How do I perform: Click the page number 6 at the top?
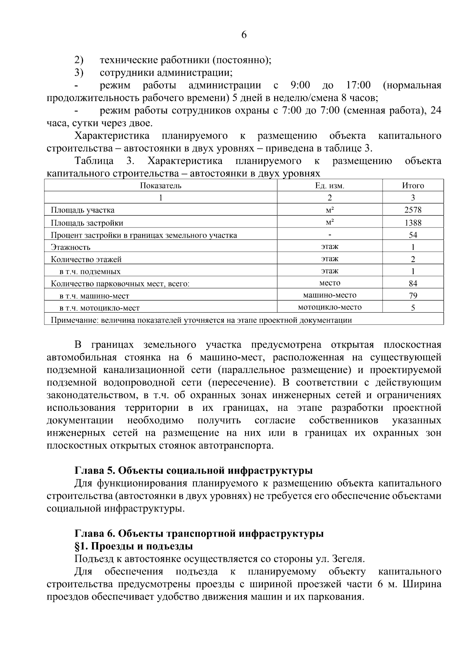(x=244, y=35)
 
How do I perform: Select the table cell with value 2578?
(x=413, y=210)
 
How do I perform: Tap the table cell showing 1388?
(x=413, y=223)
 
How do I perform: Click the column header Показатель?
(x=160, y=186)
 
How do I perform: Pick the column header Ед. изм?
(x=329, y=186)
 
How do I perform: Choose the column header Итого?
(x=413, y=186)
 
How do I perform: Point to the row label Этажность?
(x=71, y=247)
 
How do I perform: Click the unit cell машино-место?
(x=329, y=295)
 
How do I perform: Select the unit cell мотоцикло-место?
(x=329, y=307)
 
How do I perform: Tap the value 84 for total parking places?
(x=413, y=283)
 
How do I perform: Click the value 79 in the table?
(x=413, y=296)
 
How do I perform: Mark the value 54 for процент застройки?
(x=413, y=235)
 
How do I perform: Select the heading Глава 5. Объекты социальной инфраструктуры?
(x=193, y=471)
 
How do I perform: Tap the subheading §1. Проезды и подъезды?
(x=134, y=546)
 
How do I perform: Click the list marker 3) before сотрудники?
(x=79, y=73)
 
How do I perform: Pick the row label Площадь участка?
(x=83, y=210)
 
